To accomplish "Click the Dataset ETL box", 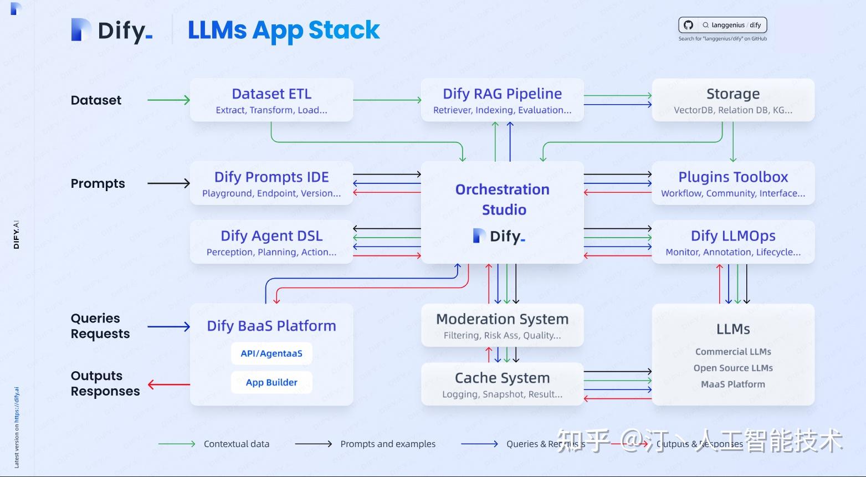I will click(271, 100).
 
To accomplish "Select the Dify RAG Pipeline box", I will click(502, 100).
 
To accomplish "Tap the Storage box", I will click(732, 100).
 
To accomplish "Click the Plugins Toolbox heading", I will click(733, 177).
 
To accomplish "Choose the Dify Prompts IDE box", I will click(271, 183).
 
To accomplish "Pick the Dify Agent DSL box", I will click(271, 242).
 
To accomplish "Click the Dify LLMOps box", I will click(732, 242).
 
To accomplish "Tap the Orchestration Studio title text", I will click(502, 199).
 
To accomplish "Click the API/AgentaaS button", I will click(271, 353).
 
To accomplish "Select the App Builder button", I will click(271, 382).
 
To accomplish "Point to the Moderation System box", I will click(502, 326).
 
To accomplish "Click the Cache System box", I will click(502, 384).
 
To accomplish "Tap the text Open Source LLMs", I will click(732, 368).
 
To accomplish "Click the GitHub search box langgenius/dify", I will click(722, 25).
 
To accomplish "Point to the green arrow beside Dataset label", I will click(168, 100).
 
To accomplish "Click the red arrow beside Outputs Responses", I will click(168, 384).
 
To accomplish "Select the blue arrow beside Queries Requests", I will click(168, 327).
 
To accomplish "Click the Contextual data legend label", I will click(236, 444).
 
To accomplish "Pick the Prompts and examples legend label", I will click(388, 444).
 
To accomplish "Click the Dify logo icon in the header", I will click(81, 30).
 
